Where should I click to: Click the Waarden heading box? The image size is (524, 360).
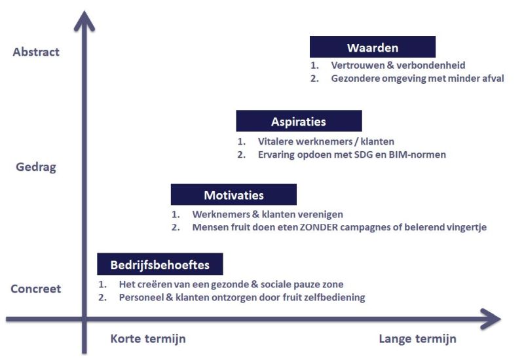(372, 46)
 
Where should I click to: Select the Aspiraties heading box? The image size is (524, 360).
(299, 121)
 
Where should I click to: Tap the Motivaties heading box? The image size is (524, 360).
(234, 194)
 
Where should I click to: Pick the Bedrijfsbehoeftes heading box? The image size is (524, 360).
(160, 264)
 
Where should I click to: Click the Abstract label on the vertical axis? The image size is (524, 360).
(36, 52)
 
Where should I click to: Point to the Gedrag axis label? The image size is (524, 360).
(36, 167)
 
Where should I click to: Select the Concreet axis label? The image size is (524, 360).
(36, 289)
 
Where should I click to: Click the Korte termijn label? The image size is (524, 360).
(148, 339)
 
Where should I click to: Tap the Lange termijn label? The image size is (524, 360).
(417, 339)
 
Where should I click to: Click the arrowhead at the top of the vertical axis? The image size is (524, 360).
(84, 21)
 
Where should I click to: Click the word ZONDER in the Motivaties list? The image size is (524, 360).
(319, 227)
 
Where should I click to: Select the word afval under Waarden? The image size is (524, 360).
(493, 79)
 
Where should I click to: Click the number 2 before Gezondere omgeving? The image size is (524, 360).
(314, 79)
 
